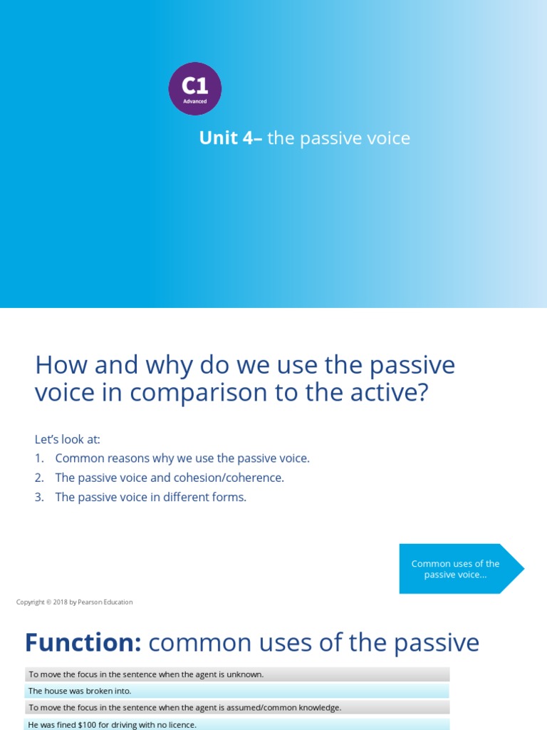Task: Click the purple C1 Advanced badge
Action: [194, 88]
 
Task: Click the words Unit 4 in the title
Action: [226, 138]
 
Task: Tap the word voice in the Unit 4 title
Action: [387, 138]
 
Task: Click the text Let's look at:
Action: [67, 439]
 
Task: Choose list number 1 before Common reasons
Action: [39, 458]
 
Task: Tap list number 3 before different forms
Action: [39, 497]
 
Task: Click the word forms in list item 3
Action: [229, 497]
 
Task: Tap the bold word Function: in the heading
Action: [83, 643]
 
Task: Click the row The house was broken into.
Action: [80, 691]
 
